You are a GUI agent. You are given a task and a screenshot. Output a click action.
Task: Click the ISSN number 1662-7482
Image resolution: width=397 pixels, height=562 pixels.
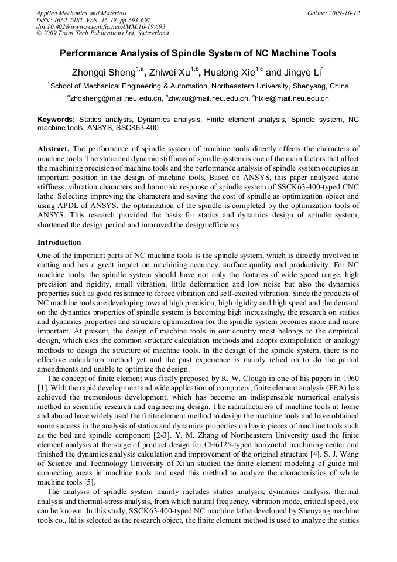click(x=72, y=20)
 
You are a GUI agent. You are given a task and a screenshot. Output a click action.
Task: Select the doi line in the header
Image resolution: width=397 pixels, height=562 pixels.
click(x=101, y=26)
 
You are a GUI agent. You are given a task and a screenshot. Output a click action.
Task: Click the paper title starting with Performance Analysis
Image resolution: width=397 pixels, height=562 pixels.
click(x=198, y=53)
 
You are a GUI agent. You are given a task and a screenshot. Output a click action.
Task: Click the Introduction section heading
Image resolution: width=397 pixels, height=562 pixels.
click(x=59, y=242)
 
